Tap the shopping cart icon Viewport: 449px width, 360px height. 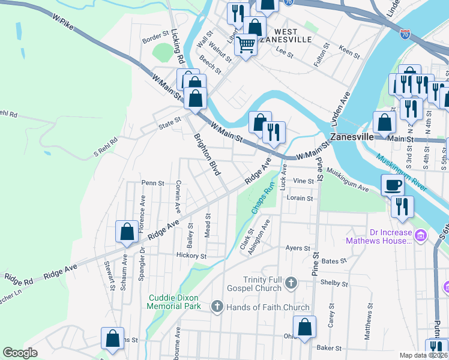(x=245, y=44)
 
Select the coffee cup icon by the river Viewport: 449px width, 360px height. (x=393, y=185)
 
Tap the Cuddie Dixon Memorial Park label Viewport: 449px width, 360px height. (x=174, y=302)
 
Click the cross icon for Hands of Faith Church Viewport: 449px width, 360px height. (x=217, y=307)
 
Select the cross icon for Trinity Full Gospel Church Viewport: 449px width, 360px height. (x=291, y=283)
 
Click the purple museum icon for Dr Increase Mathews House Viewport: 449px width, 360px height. (x=420, y=236)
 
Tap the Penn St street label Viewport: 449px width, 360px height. (x=152, y=183)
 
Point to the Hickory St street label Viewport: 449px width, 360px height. (x=191, y=256)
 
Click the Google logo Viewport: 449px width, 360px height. (x=20, y=353)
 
